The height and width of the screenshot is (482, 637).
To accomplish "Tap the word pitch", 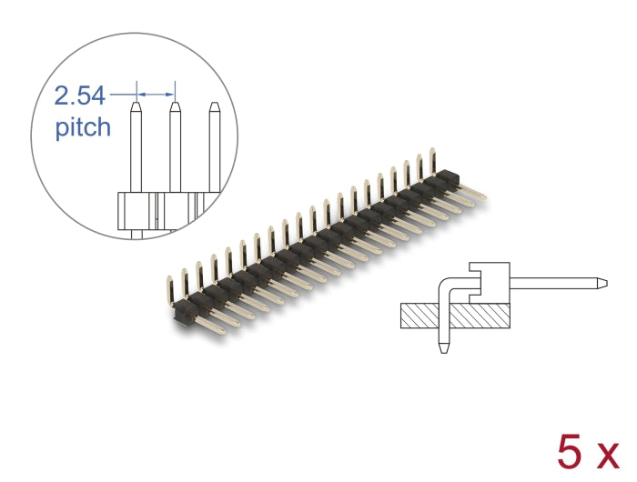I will click(83, 126).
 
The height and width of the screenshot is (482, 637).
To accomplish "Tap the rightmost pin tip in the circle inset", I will click(214, 105).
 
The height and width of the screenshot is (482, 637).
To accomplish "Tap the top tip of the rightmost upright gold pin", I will click(433, 152).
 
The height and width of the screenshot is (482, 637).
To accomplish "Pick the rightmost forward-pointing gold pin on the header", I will click(482, 194).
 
